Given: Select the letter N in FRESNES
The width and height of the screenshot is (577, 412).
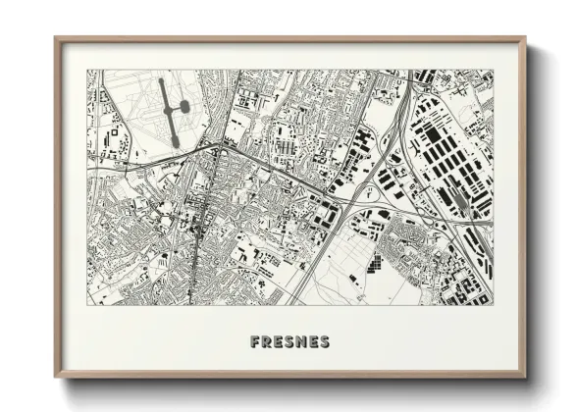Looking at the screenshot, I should pyautogui.click(x=301, y=342).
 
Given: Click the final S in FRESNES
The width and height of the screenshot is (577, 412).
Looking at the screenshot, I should pyautogui.click(x=325, y=342).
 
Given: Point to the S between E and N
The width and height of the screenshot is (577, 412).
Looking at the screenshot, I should pyautogui.click(x=290, y=342).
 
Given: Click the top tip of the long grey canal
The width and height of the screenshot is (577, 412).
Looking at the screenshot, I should pyautogui.click(x=161, y=79).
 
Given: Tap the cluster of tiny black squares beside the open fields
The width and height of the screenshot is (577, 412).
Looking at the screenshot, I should pyautogui.click(x=376, y=262).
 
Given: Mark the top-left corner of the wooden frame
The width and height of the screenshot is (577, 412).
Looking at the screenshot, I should pyautogui.click(x=56, y=38).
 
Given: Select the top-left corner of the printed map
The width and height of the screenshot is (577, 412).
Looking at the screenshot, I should pyautogui.click(x=86, y=69).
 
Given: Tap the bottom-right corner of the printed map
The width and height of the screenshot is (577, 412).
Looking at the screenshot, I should pyautogui.click(x=494, y=304).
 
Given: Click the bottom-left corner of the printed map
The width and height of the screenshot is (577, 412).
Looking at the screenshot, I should pyautogui.click(x=86, y=304).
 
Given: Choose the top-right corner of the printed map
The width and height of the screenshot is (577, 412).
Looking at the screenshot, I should pyautogui.click(x=494, y=69).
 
